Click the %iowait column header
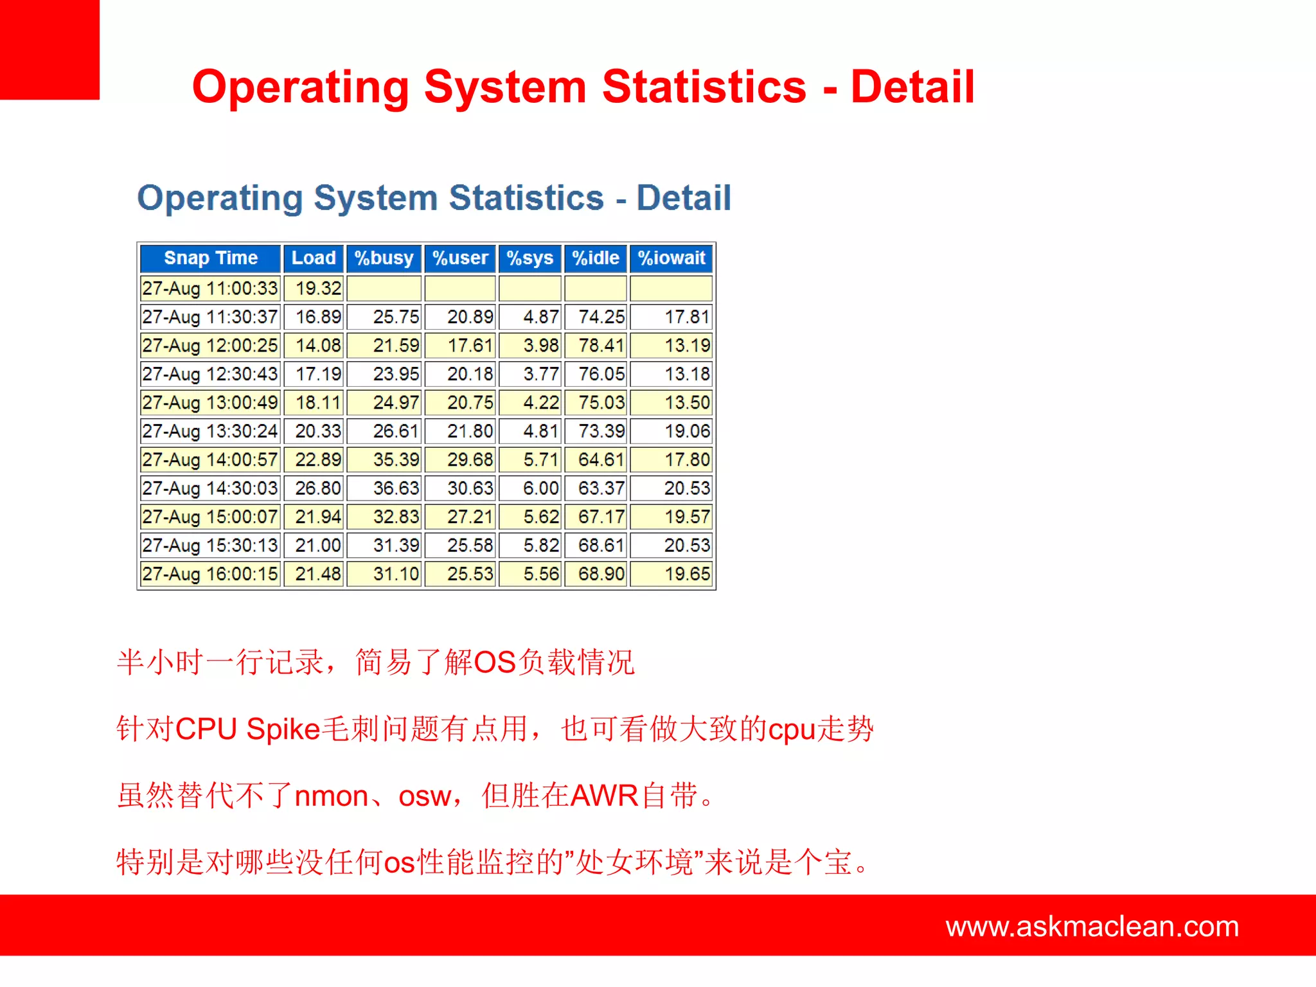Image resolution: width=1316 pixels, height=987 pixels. [x=671, y=258]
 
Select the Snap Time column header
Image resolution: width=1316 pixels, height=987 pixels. [x=210, y=258]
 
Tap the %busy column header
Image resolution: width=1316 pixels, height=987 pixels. [x=384, y=258]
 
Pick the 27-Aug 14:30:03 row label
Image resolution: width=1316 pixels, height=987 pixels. [x=210, y=488]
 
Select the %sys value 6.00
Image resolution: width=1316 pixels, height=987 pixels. [x=540, y=488]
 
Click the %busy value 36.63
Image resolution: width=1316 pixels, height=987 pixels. [x=395, y=488]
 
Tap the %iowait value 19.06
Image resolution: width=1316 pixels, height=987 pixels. [x=686, y=431]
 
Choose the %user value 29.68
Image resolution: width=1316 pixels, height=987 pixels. [x=470, y=460]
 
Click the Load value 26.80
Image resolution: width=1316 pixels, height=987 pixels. [x=317, y=488]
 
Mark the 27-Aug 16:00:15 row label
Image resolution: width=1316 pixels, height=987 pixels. [x=210, y=574]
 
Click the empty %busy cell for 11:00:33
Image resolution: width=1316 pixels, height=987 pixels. [x=384, y=289]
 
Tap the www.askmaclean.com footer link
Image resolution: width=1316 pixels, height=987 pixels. [x=1092, y=927]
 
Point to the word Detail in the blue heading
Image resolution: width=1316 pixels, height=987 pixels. [x=683, y=198]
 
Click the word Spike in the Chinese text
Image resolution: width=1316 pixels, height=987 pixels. [x=283, y=729]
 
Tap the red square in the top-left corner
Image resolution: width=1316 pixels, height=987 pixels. [x=49, y=49]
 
